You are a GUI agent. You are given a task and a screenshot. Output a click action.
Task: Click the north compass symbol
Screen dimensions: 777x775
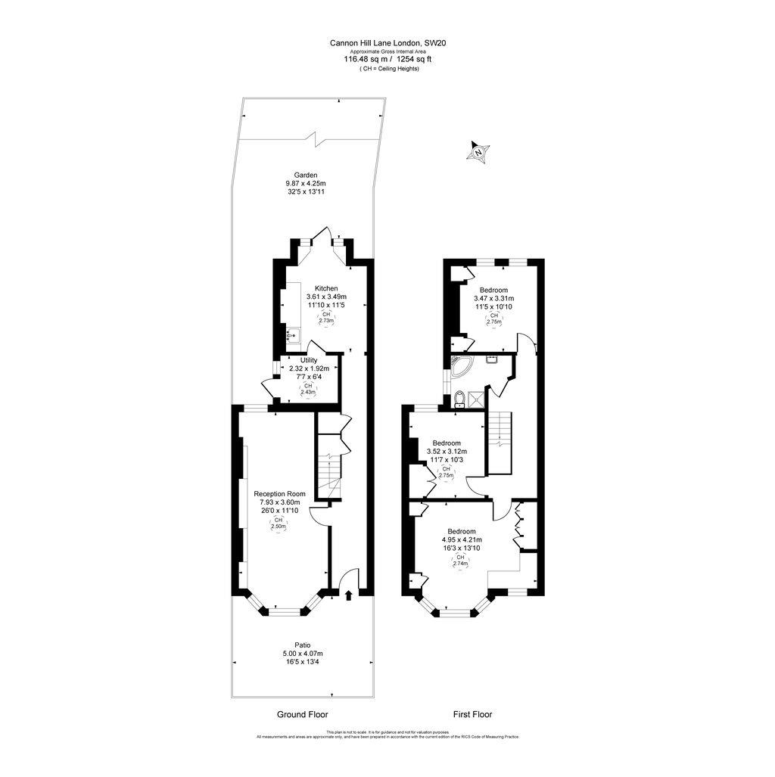click(478, 152)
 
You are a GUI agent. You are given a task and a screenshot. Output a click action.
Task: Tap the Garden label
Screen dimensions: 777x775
click(306, 174)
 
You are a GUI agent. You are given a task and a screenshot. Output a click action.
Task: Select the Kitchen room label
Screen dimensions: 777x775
click(326, 288)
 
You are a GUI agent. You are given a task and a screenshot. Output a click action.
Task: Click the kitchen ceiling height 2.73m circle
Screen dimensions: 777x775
click(326, 317)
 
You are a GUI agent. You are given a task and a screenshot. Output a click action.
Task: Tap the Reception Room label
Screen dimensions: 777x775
click(279, 493)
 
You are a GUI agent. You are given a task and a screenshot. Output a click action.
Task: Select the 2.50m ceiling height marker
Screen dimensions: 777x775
click(279, 524)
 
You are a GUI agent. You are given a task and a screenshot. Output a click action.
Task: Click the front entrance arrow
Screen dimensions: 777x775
click(348, 596)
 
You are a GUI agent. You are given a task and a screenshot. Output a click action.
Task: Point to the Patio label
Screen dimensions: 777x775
click(303, 645)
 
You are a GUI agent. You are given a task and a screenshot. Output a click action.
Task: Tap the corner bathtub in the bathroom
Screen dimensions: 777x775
click(462, 368)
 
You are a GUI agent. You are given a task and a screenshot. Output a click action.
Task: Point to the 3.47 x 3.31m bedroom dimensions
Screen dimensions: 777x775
click(493, 299)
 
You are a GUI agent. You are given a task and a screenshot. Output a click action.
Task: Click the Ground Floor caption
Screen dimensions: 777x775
click(302, 714)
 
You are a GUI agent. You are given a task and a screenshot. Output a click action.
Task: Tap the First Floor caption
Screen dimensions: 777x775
click(472, 714)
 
